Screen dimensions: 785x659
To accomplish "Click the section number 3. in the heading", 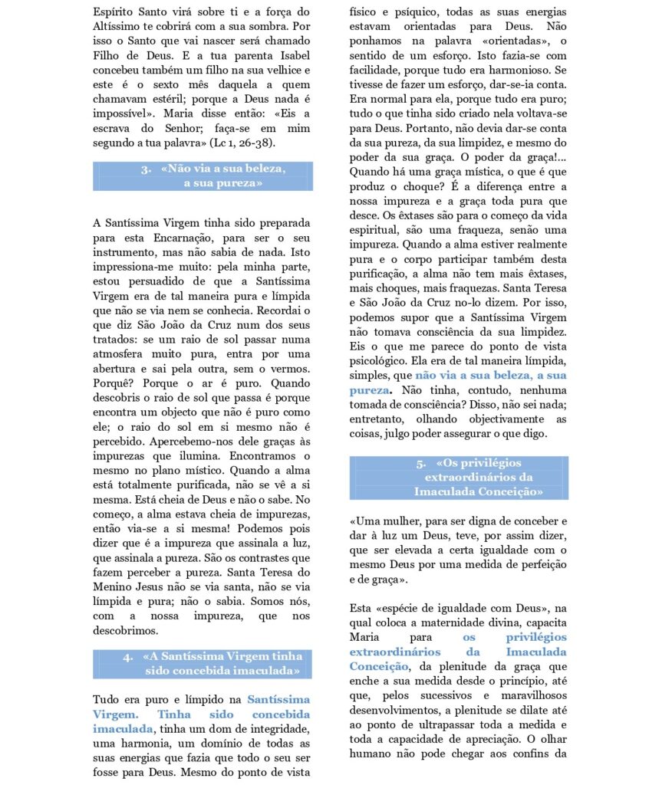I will [x=145, y=169].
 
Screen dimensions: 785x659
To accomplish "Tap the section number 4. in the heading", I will [x=127, y=657].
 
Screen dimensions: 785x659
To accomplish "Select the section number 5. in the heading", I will [x=421, y=464].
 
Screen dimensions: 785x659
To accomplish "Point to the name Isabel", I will [x=289, y=54].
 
